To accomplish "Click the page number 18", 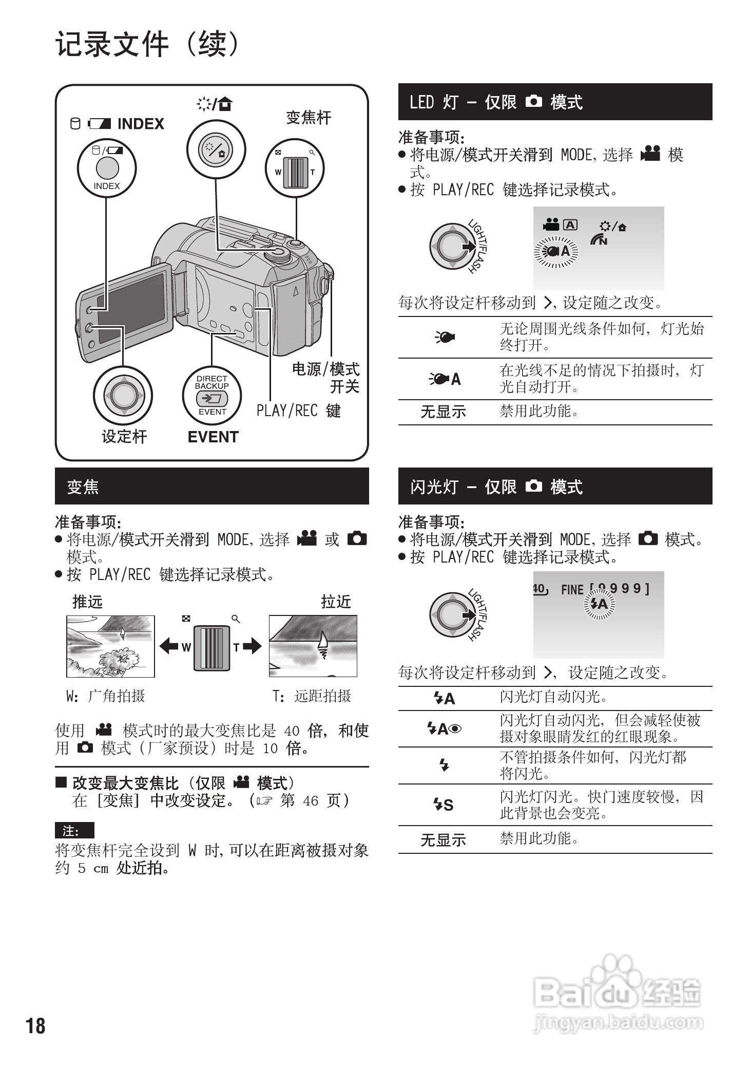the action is (35, 1025).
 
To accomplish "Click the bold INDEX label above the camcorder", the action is (141, 124).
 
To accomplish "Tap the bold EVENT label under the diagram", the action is (213, 437).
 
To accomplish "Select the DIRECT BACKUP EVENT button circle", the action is (212, 396).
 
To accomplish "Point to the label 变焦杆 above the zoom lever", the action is (309, 118).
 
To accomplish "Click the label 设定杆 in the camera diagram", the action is (124, 437).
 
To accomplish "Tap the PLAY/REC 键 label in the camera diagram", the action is (298, 410).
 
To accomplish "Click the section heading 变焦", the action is (83, 487).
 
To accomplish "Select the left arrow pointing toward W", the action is (168, 646).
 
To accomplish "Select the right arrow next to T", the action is (252, 646).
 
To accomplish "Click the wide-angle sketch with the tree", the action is (110, 646).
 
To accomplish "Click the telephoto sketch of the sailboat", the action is (313, 646).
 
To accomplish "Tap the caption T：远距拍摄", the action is (312, 696).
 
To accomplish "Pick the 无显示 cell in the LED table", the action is (443, 412).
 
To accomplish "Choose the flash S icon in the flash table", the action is (444, 805).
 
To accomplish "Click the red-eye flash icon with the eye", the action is (444, 728).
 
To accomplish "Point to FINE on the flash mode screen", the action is (572, 589).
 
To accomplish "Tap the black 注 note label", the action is (74, 831).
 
